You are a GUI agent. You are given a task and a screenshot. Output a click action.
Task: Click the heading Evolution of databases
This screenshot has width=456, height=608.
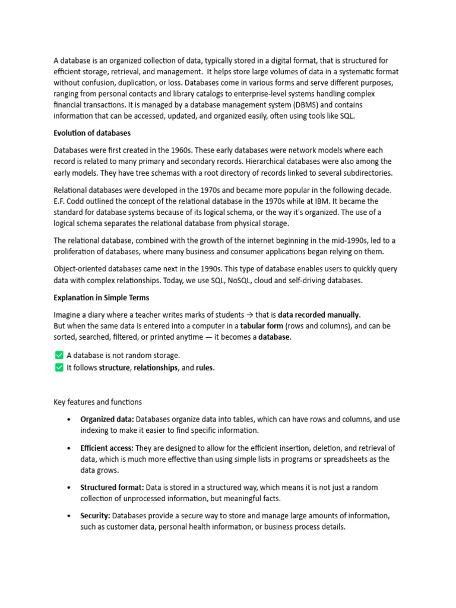coord(92,133)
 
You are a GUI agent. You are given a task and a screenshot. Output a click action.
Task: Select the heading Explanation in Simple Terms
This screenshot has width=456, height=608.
coord(102,297)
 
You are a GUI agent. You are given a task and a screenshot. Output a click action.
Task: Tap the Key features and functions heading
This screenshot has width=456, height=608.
coord(98,402)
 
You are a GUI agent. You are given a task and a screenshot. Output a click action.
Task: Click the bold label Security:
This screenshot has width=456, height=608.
coord(95,516)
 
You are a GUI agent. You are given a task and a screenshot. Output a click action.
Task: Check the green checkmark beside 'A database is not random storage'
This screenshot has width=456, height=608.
coord(59,355)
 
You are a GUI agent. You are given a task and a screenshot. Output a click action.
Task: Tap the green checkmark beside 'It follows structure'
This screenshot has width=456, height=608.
coord(59,368)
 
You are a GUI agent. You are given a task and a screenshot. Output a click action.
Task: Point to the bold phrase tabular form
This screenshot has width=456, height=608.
coord(261,326)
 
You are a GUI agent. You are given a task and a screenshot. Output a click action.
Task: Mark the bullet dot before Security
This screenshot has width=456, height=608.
coord(69,516)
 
